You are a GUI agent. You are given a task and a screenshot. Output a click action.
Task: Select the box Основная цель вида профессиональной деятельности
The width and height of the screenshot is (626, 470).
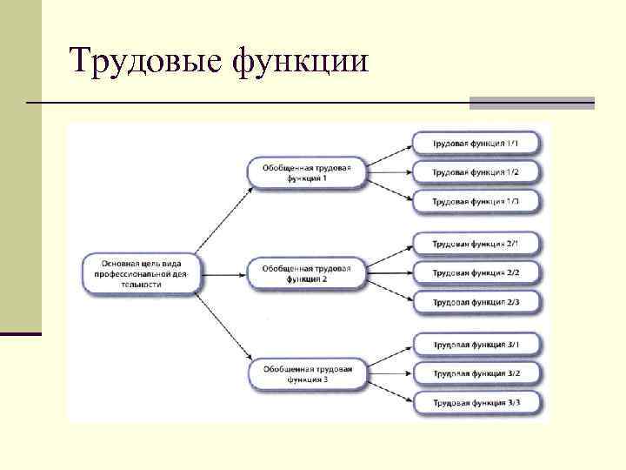tap(143, 272)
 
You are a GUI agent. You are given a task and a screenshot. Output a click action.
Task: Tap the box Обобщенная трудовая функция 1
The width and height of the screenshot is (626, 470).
tap(306, 171)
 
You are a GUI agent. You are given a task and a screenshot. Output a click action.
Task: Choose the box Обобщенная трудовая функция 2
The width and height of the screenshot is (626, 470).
tap(306, 273)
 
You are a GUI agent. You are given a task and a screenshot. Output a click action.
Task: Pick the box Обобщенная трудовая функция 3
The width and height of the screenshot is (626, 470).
tap(306, 374)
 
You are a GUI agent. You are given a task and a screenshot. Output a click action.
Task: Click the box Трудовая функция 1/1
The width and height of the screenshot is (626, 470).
tap(477, 143)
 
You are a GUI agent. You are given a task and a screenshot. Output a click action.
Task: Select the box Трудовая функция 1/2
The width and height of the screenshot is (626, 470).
tap(477, 172)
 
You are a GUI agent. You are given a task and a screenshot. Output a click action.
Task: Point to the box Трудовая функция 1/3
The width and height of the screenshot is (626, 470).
tap(477, 202)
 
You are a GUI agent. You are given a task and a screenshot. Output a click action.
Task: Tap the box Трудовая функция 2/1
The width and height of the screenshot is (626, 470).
tap(477, 245)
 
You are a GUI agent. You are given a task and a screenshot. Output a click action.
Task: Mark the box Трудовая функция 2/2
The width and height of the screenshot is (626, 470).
tap(477, 273)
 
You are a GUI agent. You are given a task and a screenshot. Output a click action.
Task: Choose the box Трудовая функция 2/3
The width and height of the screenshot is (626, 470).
tap(477, 302)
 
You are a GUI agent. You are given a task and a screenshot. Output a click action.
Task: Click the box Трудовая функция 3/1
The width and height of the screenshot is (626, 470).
tap(477, 346)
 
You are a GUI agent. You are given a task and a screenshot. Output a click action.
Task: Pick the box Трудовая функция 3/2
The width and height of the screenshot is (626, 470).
tap(477, 374)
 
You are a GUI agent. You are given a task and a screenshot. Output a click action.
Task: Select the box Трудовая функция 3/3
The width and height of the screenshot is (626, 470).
tap(477, 403)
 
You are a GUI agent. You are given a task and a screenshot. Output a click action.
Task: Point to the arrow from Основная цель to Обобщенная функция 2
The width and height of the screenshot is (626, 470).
tap(226, 273)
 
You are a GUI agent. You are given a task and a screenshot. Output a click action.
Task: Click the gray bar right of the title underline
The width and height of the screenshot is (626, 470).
tap(531, 103)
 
